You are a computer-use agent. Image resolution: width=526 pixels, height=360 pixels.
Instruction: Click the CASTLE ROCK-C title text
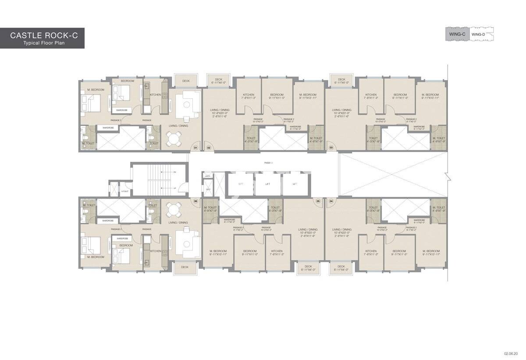44,35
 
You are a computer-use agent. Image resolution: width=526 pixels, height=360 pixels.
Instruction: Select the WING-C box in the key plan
457,34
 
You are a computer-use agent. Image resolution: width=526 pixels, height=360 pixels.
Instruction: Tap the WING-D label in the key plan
477,34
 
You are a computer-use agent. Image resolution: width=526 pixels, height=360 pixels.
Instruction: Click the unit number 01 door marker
196,148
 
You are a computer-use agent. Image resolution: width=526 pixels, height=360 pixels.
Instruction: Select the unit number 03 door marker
331,148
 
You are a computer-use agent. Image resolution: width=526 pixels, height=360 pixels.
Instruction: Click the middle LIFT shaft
267,184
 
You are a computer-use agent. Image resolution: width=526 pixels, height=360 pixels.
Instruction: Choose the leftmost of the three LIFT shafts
240,184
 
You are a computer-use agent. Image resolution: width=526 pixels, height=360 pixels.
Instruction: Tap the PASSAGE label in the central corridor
269,162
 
